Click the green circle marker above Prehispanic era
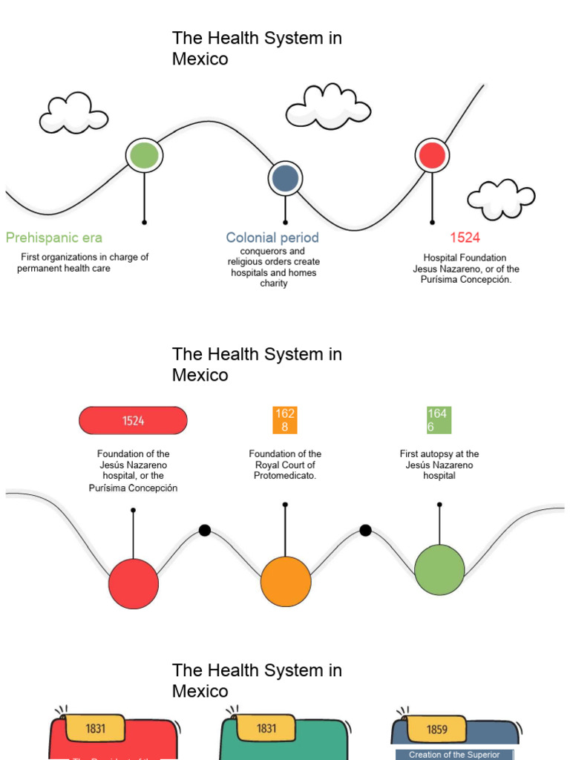144,155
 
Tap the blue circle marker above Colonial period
285,178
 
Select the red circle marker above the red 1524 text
432,155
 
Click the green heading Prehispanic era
54,237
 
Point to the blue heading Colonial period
272,237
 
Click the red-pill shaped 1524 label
134,421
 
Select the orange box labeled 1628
285,420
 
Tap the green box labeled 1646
437,420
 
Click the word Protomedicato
285,476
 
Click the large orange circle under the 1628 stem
286,581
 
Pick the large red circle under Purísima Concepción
134,583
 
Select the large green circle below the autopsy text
439,569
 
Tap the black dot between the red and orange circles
205,530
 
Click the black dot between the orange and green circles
365,530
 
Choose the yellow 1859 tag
437,729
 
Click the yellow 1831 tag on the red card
96,728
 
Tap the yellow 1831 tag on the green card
266,728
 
